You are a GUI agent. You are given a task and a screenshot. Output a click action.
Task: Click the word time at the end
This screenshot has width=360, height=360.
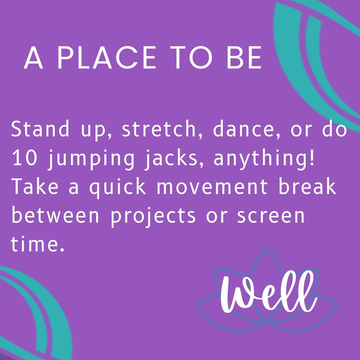click(34, 244)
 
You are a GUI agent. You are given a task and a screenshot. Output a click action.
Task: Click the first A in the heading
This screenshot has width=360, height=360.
click(33, 58)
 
